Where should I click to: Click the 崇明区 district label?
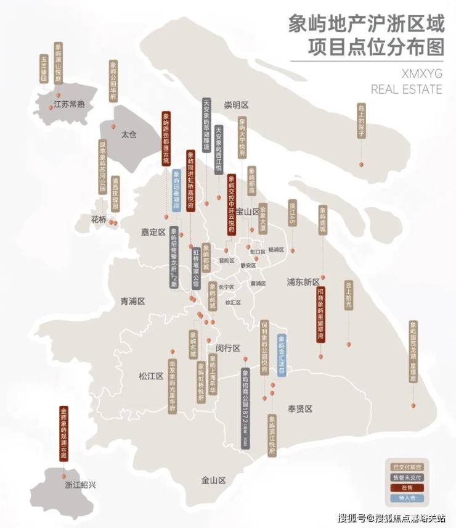(x=236, y=104)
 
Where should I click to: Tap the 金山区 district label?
(x=214, y=480)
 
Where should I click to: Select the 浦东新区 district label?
(x=303, y=281)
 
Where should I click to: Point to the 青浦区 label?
(x=132, y=302)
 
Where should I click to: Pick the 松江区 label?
(x=150, y=376)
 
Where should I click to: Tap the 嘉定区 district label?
(x=153, y=233)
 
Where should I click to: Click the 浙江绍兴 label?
(x=81, y=485)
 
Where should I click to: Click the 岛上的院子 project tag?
(x=361, y=121)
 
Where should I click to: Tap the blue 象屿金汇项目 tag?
(x=282, y=355)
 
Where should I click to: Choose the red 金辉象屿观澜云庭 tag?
(x=63, y=432)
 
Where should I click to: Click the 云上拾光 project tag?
(x=348, y=295)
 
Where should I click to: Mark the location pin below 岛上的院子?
(x=362, y=165)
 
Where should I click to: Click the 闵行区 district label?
(x=227, y=348)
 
